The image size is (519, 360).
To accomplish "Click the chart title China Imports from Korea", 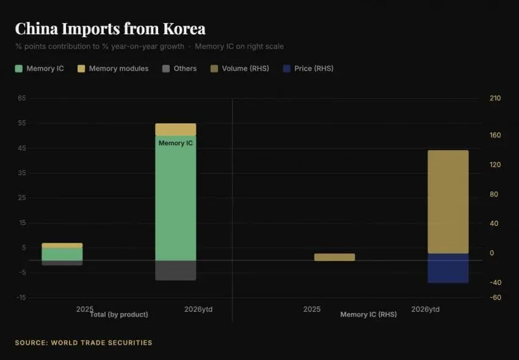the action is click(111, 29).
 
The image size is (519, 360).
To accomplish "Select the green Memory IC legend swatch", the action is click(18, 68).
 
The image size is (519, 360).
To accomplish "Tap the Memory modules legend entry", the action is click(113, 68).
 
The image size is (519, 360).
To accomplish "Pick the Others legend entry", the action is click(180, 68).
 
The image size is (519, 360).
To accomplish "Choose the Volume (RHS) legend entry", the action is click(239, 68).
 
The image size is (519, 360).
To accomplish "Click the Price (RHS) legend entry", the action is click(308, 68).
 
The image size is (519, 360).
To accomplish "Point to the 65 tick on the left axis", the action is click(22, 98).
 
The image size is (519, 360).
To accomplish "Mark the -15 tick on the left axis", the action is click(21, 298).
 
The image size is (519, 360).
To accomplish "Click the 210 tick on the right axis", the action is click(495, 98).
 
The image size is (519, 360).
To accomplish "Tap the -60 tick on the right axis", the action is click(496, 298).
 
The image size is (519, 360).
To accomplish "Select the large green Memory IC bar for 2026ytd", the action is click(175, 198).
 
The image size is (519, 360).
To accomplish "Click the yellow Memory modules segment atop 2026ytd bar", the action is click(175, 129).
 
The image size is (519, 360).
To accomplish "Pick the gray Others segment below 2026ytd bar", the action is click(175, 270).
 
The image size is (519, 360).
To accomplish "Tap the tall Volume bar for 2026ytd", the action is click(448, 202).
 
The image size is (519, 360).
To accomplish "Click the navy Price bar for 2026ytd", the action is click(448, 268).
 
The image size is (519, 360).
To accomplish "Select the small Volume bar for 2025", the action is click(335, 257).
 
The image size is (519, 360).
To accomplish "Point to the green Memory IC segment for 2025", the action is click(62, 254).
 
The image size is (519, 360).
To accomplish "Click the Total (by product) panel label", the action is click(119, 314).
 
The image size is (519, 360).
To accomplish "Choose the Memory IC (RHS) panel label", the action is click(368, 314).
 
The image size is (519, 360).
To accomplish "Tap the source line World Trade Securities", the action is click(84, 343).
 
